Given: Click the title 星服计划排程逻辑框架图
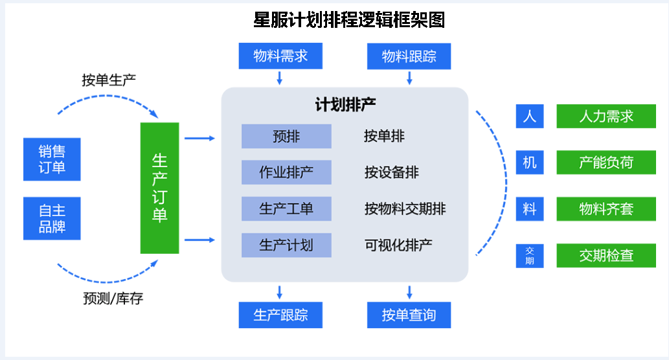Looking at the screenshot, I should (348, 20).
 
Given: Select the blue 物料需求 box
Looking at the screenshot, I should (280, 56).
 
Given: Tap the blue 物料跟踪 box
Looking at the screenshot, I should (409, 56).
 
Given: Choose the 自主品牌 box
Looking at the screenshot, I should (52, 218).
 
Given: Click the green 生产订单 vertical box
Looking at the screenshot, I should (159, 188).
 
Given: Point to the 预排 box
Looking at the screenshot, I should (286, 137).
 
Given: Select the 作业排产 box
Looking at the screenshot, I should (286, 172).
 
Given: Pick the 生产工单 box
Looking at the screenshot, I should (286, 208).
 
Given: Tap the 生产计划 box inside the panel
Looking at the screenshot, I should (286, 245).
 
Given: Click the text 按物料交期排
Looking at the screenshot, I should (405, 208).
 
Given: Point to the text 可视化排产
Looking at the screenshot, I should (398, 245).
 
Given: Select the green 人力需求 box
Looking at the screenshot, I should (606, 117).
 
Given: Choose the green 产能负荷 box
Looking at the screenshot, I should (606, 163).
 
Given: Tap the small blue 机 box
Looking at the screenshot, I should (530, 163).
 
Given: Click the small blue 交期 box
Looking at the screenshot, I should (530, 256).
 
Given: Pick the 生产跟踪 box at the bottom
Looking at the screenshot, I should (280, 315).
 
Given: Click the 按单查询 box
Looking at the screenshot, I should (409, 315).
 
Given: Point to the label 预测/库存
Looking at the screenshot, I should (113, 299).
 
